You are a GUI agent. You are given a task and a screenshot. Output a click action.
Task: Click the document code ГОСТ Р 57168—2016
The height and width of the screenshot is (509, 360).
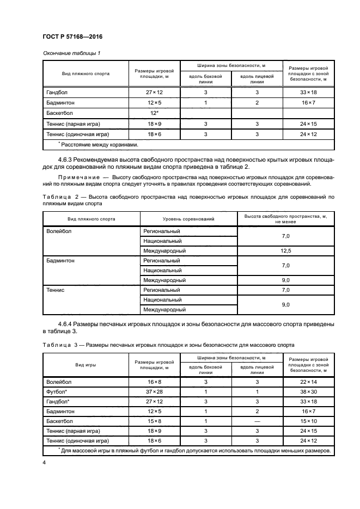[x=72, y=37]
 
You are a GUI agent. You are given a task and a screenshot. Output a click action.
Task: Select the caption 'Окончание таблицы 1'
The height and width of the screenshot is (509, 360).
[x=71, y=53]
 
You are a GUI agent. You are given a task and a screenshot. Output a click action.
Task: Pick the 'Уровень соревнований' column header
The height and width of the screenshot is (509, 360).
[x=188, y=219]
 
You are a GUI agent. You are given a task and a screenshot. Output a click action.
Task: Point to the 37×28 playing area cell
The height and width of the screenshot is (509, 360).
[x=154, y=391]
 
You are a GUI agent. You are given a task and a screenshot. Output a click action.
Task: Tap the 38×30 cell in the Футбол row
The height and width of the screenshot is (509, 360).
[x=308, y=391]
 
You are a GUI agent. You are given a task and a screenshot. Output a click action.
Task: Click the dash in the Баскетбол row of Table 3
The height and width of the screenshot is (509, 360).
[x=257, y=421]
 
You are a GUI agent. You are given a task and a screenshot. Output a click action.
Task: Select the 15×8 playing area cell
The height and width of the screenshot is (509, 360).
[x=154, y=421]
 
